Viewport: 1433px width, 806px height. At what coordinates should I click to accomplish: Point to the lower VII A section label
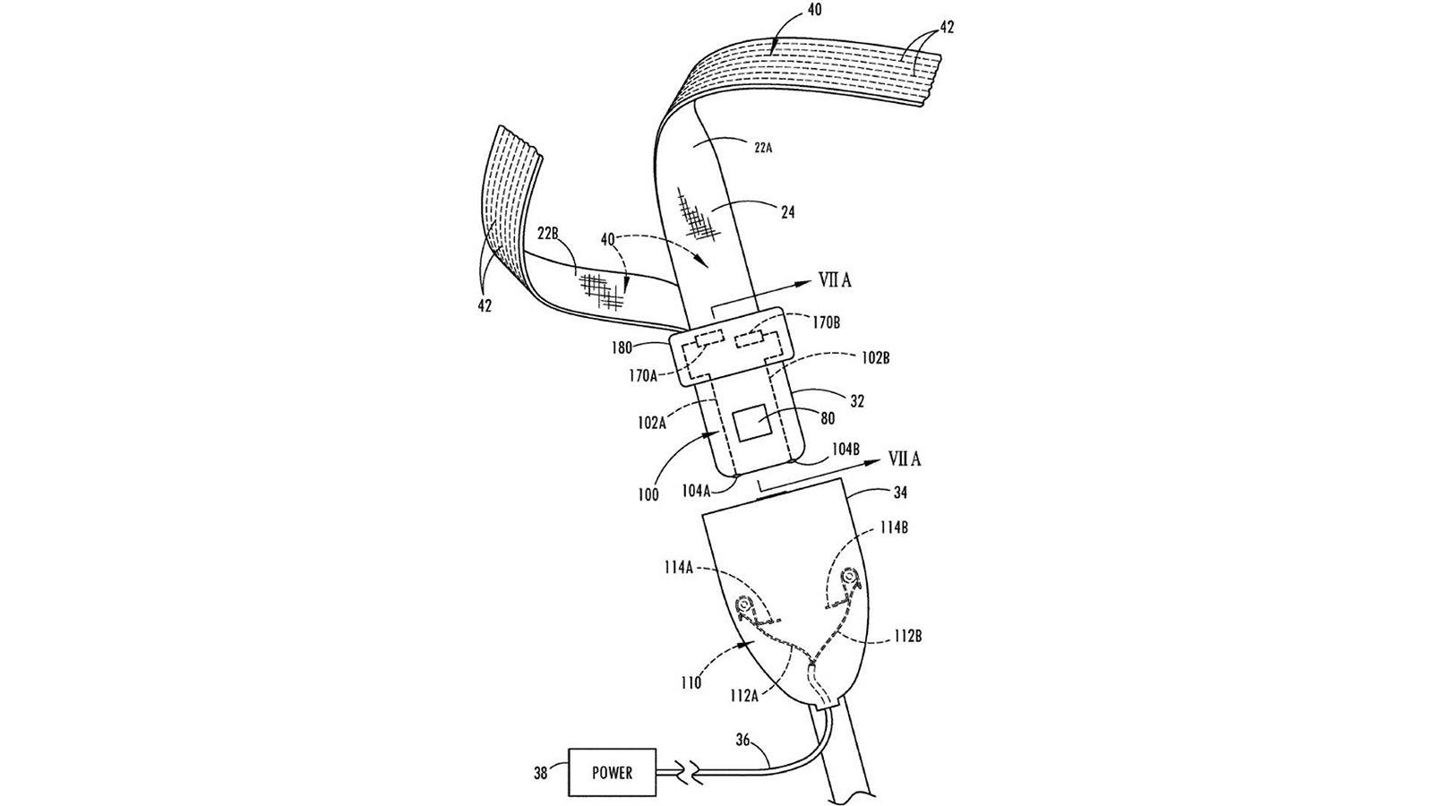coord(904,459)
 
